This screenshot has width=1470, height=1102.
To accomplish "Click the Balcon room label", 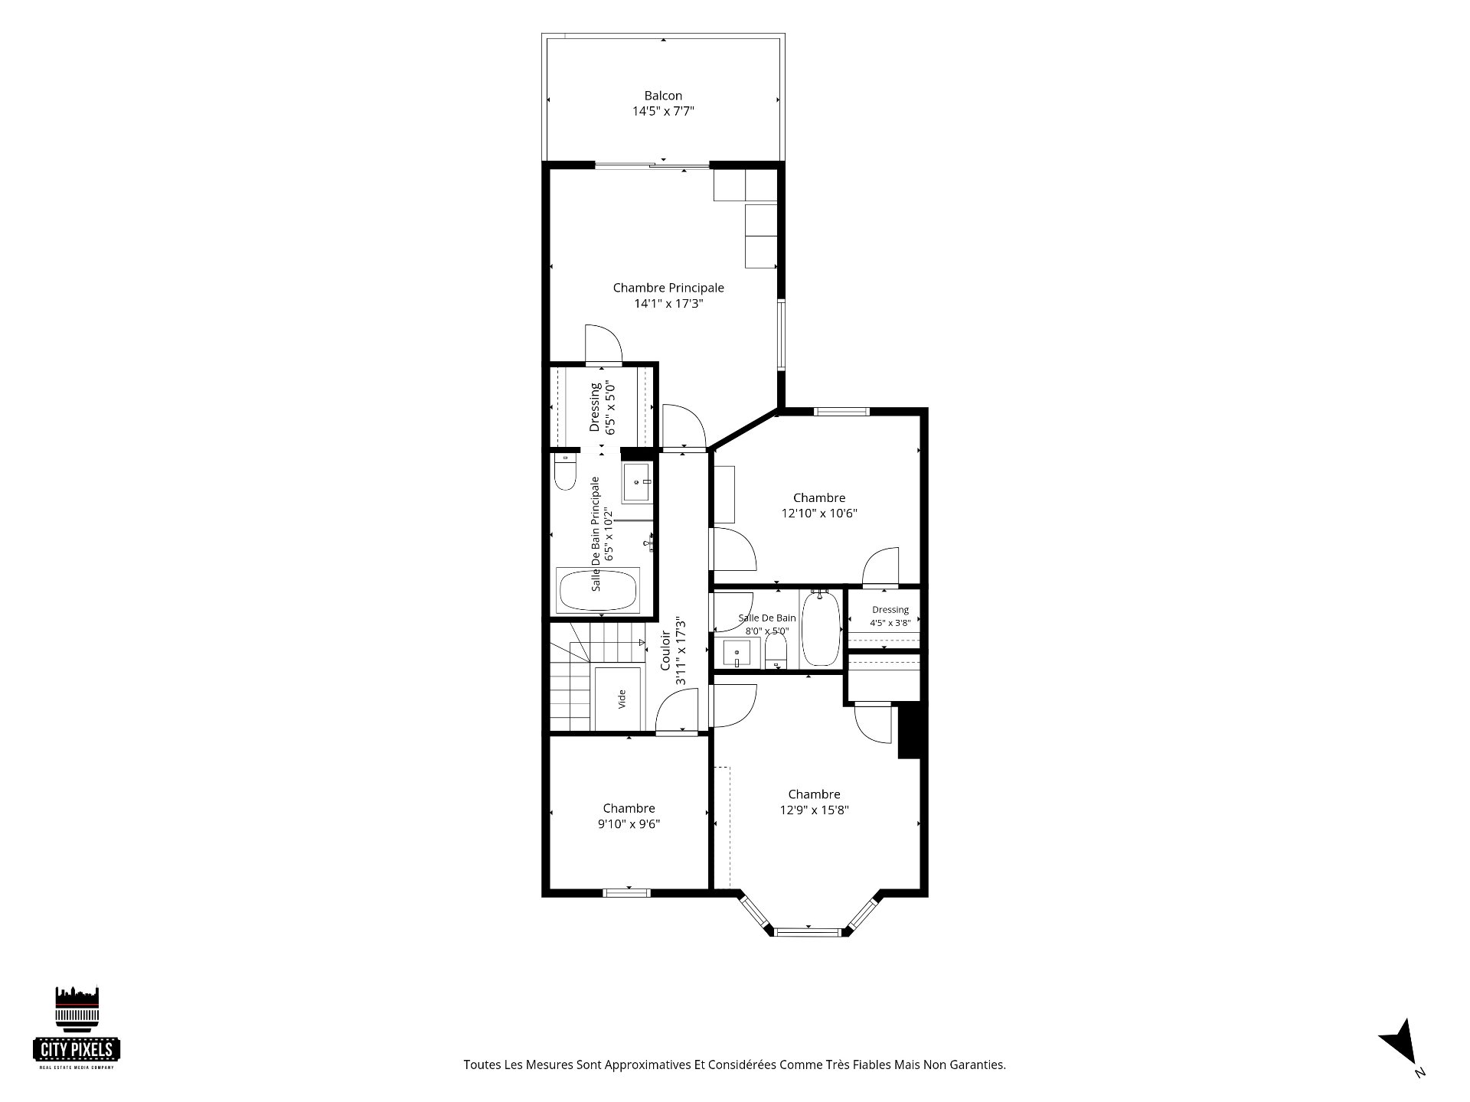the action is pos(663,96).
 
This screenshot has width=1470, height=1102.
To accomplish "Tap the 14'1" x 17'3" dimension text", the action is pos(668,304).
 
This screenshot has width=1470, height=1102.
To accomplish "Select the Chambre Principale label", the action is pos(668,288).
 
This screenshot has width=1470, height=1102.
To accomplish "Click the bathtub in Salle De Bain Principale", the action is pos(598,590).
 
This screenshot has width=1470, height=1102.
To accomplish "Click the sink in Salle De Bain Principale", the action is pos(637,482).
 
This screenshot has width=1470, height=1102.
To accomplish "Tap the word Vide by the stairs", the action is pos(622,698).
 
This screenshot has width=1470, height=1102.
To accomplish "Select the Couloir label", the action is pos(665,650).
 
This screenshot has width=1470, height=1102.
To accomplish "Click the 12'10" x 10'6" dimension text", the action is pos(819,514).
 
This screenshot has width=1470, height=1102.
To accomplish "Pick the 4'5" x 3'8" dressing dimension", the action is pos(890,623).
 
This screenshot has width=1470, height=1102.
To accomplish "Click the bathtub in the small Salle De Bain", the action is pos(821,628).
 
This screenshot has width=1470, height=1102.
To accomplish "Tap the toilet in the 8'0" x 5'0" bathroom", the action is pos(776,653).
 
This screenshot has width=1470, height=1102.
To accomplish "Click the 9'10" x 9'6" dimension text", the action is pos(629,824).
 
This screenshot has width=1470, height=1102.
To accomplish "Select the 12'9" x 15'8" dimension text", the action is pos(815,810).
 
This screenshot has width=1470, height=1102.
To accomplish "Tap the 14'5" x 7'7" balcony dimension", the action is pos(663,111).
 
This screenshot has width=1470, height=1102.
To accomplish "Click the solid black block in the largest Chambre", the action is pos(909,732).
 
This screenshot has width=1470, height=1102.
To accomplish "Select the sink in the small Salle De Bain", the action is pos(738,653).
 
